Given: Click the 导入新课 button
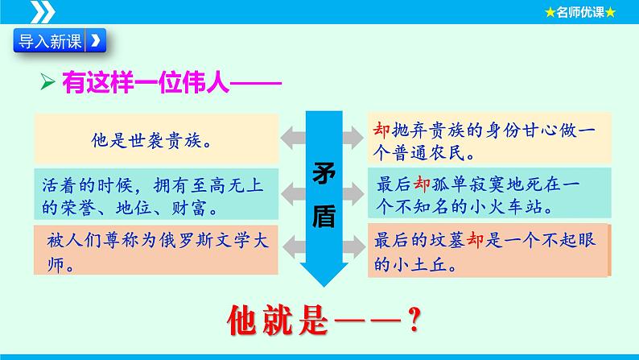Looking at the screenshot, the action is pyautogui.click(x=60, y=40).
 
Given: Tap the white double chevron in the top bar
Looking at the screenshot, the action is pyautogui.click(x=43, y=12).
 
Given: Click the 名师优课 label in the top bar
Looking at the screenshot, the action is pyautogui.click(x=580, y=12).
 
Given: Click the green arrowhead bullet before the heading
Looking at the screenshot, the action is pyautogui.click(x=47, y=81).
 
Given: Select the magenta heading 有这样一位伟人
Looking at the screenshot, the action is pyautogui.click(x=146, y=82).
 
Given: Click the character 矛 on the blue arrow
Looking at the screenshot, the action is pyautogui.click(x=324, y=173).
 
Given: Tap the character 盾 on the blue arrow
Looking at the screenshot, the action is pyautogui.click(x=324, y=216).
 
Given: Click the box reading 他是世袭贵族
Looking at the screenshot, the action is pyautogui.click(x=156, y=139).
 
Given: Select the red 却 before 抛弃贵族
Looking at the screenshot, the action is pyautogui.click(x=381, y=130).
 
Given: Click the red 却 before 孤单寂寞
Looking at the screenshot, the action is pyautogui.click(x=422, y=184).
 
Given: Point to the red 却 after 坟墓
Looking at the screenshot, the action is pyautogui.click(x=475, y=240).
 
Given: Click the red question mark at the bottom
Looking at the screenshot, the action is pyautogui.click(x=414, y=320).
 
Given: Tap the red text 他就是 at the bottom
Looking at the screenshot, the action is pyautogui.click(x=278, y=321).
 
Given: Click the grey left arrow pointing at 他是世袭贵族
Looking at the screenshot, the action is pyautogui.click(x=293, y=138).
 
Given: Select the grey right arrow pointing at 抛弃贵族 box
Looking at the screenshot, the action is pyautogui.click(x=353, y=138).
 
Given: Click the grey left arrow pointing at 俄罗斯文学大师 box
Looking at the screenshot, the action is pyautogui.click(x=295, y=247).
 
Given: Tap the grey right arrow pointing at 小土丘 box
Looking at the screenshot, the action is pyautogui.click(x=354, y=247).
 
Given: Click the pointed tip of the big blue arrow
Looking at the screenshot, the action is pyautogui.click(x=324, y=287).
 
